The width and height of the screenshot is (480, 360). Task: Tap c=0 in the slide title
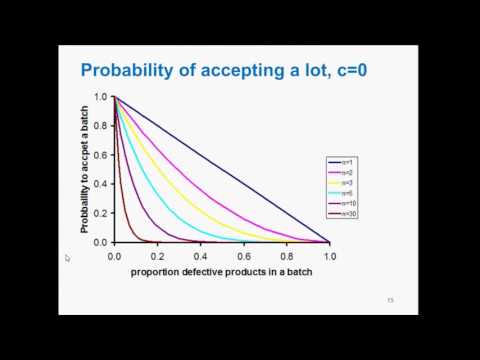[x=337, y=71]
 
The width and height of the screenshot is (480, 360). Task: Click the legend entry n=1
[x=345, y=161]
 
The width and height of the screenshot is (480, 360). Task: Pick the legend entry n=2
[x=345, y=171]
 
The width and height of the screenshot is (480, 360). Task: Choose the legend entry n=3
[x=345, y=182]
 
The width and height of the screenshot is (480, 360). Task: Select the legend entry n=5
[x=345, y=192]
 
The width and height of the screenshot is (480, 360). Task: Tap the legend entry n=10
[x=346, y=203]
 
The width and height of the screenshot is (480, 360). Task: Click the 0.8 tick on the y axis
[x=101, y=126]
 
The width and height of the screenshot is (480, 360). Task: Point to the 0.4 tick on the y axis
[x=101, y=184]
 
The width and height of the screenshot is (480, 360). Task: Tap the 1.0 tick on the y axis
[x=101, y=97]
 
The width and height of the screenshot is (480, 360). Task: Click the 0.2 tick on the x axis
[x=158, y=256]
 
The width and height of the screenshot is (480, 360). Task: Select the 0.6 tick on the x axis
[x=244, y=256]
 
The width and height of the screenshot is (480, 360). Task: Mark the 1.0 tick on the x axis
[x=330, y=256]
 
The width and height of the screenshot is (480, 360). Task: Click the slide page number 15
[x=391, y=300]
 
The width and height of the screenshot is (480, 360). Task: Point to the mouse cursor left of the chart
[x=68, y=258]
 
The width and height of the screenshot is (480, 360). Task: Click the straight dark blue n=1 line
[x=222, y=169]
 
